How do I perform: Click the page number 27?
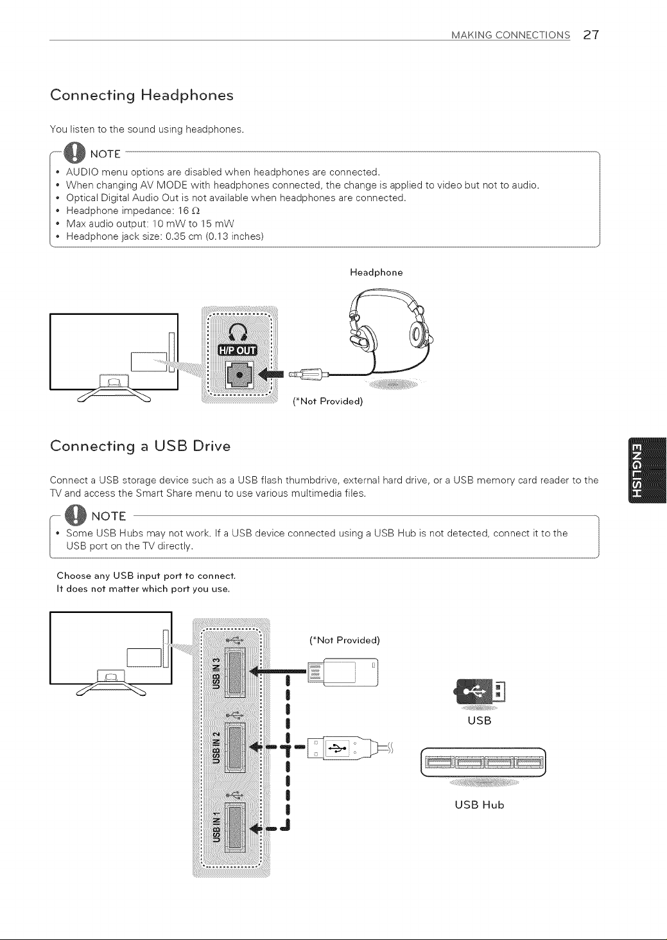[x=591, y=35]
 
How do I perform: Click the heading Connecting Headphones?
[x=142, y=95]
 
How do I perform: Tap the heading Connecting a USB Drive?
[x=141, y=446]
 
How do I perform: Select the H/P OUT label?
[x=238, y=350]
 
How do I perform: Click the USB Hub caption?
[x=480, y=805]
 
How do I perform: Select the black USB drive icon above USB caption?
[x=480, y=691]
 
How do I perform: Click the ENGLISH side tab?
[x=647, y=470]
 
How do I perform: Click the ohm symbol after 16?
[x=196, y=211]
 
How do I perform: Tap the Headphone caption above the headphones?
[x=376, y=272]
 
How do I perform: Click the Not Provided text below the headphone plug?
[x=328, y=402]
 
